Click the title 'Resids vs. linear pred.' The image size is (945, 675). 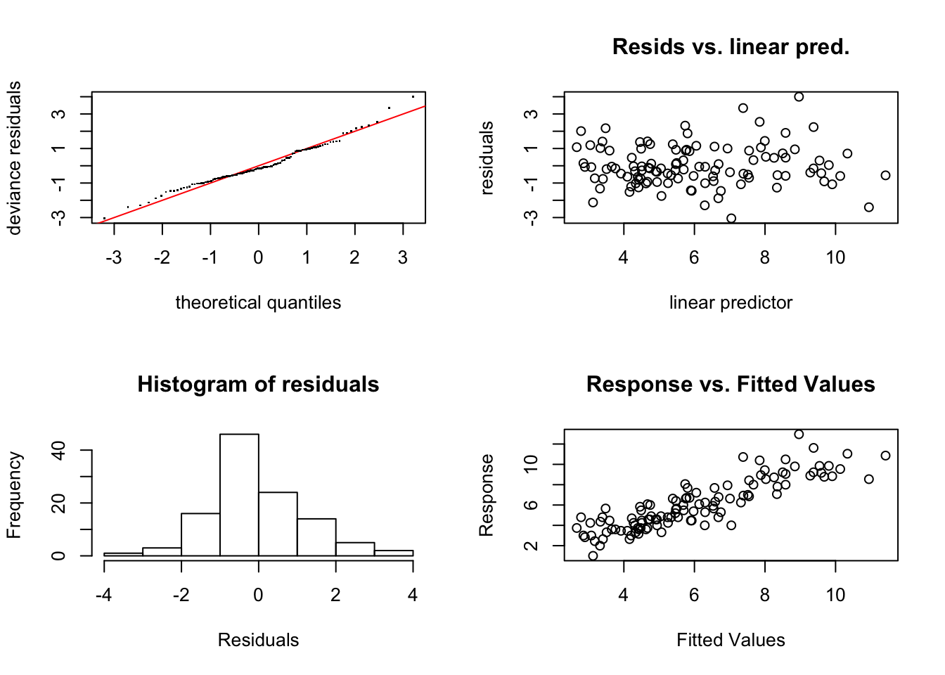coord(731,47)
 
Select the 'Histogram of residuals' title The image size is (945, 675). coord(258,385)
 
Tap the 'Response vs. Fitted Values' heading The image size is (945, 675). coord(731,385)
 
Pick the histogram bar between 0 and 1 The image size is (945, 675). coord(278,524)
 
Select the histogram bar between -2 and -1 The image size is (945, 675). coord(200,534)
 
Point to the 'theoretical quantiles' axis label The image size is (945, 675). coord(258,302)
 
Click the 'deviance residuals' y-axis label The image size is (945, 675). coord(14,157)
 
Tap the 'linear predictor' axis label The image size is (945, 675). coord(731,302)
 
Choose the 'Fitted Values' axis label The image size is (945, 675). coord(731,640)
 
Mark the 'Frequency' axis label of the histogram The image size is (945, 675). coord(14,495)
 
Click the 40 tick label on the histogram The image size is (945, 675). coord(59,450)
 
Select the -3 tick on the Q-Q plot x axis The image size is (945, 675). coord(114,258)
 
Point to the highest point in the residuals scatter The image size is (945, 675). coord(799,97)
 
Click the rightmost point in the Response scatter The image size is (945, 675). coord(885,456)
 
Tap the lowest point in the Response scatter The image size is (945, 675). coord(593,555)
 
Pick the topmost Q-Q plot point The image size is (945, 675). coord(413,96)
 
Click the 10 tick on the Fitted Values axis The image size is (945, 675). coord(835,595)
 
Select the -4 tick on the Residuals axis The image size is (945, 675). coord(104,595)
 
